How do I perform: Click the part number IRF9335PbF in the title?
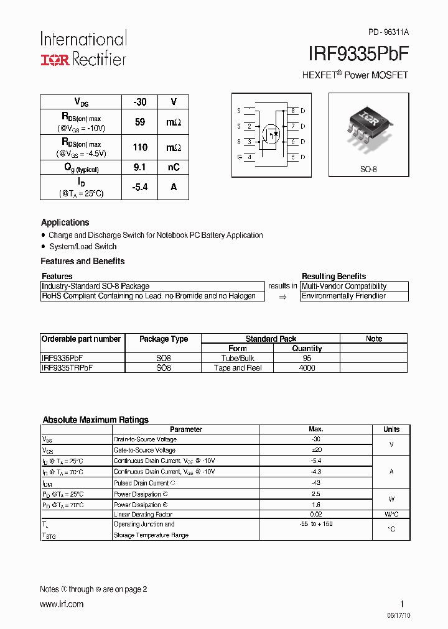[358, 55]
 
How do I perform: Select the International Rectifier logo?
[83, 48]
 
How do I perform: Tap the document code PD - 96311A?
[388, 32]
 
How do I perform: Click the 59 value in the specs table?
[140, 122]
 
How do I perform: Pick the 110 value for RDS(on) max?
[140, 147]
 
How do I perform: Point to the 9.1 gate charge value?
[140, 167]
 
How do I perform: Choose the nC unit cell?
[173, 167]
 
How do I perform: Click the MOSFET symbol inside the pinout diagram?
[271, 132]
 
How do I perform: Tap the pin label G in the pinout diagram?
[239, 157]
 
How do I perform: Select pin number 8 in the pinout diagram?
[292, 111]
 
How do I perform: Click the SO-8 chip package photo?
[369, 124]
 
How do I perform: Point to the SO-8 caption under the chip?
[369, 168]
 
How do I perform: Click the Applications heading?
[65, 223]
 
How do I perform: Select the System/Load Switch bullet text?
[83, 247]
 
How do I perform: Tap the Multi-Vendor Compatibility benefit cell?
[344, 287]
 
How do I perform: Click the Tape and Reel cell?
[238, 368]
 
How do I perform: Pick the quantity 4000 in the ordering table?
[307, 368]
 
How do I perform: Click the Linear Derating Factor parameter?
[142, 515]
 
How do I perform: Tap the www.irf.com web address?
[62, 604]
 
